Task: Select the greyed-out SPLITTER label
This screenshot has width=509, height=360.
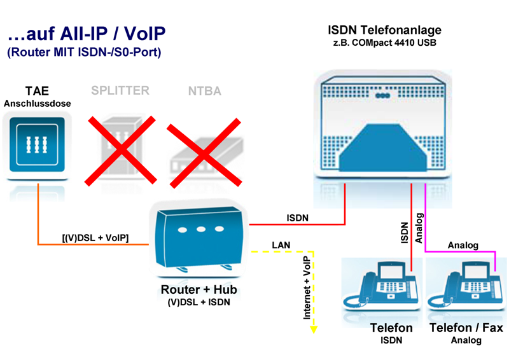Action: coord(120,90)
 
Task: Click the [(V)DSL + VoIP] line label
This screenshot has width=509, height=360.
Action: coord(95,238)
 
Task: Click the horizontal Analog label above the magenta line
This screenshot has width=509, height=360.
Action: coord(463,245)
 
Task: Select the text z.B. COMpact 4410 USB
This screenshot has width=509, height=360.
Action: coord(384,43)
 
